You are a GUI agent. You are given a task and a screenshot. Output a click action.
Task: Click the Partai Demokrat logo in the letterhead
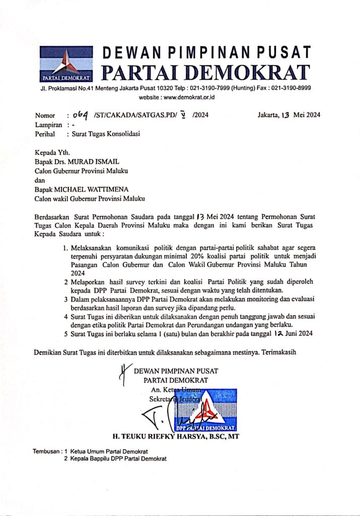click(66, 64)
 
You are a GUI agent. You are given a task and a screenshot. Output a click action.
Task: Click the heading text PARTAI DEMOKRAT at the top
click(205, 72)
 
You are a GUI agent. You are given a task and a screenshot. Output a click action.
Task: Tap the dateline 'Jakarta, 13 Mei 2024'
click(289, 115)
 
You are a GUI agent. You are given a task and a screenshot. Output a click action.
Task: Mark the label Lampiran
click(48, 124)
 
